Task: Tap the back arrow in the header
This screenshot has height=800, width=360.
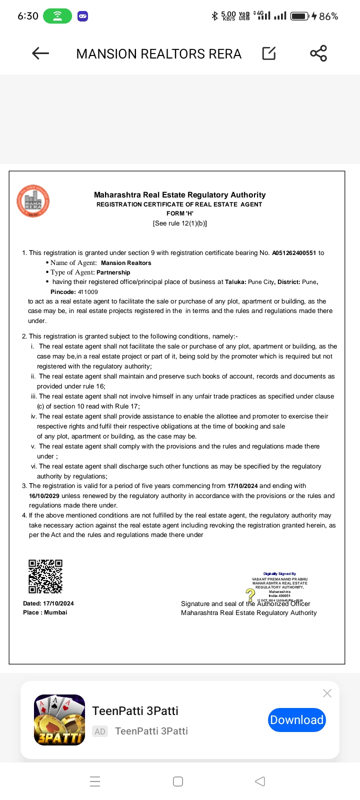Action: [40, 53]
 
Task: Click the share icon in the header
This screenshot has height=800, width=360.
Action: [318, 53]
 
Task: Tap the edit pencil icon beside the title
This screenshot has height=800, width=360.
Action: [269, 53]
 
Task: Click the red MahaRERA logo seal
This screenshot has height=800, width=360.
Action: [33, 201]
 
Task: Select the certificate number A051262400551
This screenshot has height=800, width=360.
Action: [294, 253]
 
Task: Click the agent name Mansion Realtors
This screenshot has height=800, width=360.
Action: [126, 263]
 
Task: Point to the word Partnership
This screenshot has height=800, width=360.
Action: [113, 272]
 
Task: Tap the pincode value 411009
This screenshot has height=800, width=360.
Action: [88, 292]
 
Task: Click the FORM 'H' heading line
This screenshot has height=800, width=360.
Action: [179, 213]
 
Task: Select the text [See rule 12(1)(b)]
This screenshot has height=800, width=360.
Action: [179, 223]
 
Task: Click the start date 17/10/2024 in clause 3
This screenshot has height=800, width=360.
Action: [242, 486]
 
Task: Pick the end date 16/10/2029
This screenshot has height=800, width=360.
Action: [44, 496]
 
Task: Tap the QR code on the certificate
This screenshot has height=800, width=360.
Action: [45, 576]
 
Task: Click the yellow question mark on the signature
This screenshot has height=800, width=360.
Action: [250, 594]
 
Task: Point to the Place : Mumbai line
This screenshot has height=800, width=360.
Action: [45, 612]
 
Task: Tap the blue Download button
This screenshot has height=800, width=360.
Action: [297, 720]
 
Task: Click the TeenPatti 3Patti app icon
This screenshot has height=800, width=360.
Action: [59, 720]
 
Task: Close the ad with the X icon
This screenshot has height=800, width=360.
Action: [327, 693]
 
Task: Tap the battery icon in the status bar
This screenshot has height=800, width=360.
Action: [299, 16]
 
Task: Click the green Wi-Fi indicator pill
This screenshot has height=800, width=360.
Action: [57, 16]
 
